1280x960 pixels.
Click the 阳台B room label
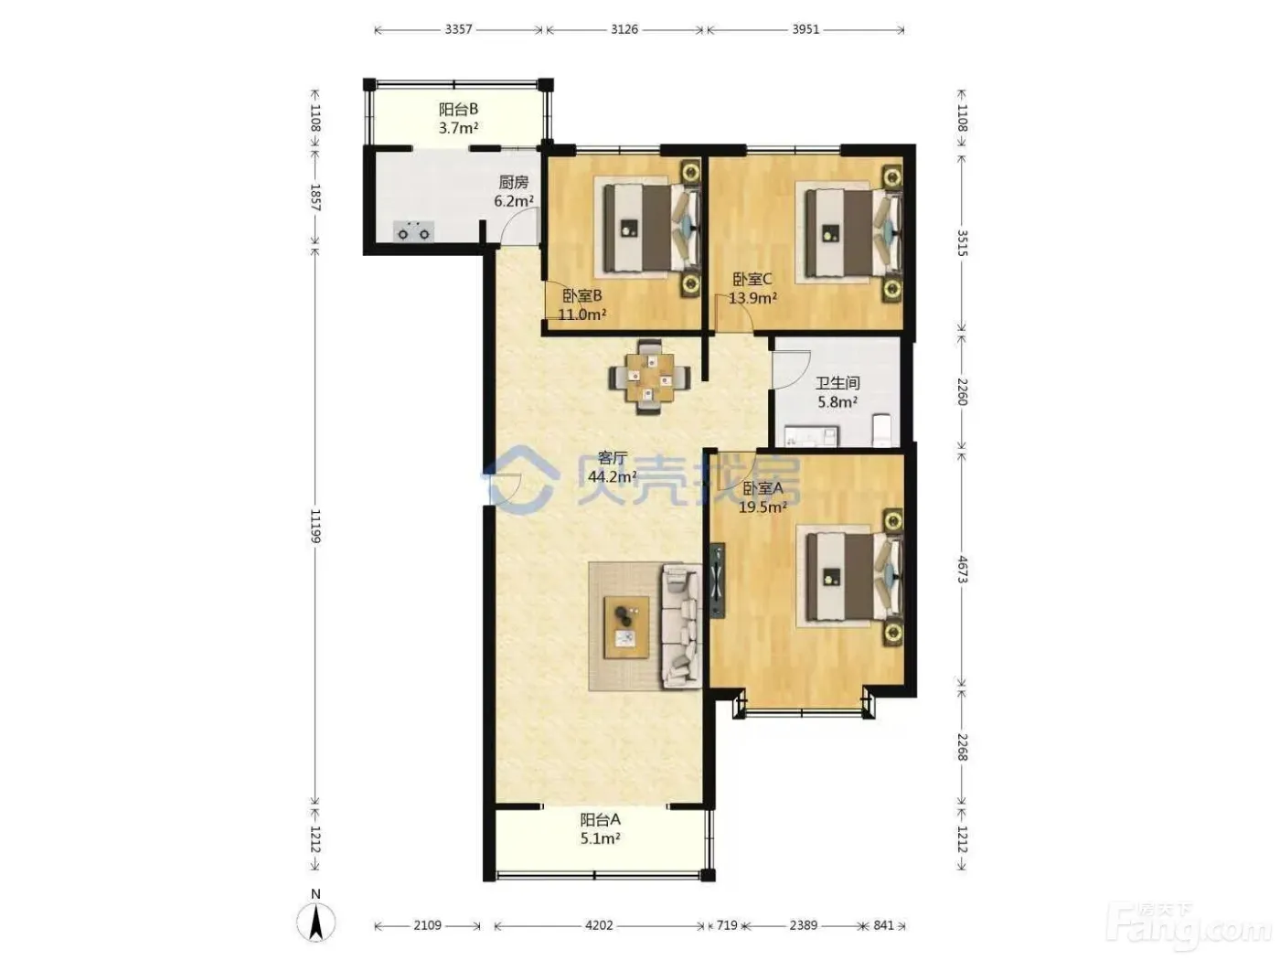coord(458,109)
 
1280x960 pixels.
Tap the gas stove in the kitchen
coord(413,231)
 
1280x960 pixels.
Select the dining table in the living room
coord(650,377)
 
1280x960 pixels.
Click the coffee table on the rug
coord(626,627)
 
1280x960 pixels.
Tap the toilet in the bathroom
coord(881,430)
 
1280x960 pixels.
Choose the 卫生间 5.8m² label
coord(837,392)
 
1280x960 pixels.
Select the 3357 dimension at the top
coord(458,29)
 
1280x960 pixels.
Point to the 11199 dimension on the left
coord(315,526)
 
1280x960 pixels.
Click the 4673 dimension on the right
coord(962,569)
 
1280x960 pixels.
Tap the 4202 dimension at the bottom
coord(599,925)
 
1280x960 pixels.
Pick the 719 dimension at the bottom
coord(727,925)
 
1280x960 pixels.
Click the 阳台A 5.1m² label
coord(600,829)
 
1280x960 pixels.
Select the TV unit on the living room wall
coord(718,581)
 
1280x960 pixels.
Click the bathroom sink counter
coord(811,436)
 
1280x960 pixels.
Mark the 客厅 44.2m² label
coord(612,467)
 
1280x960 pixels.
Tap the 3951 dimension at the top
coord(805,29)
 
